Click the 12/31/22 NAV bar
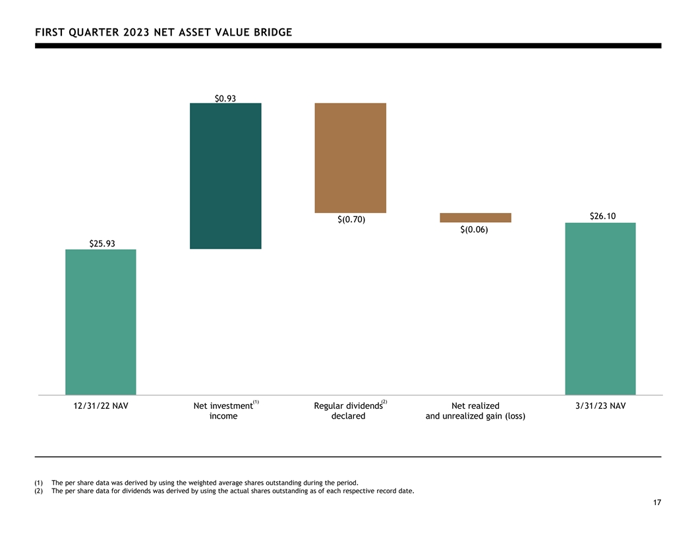101,322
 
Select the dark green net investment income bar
225,176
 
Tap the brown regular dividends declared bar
350,158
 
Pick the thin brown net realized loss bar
475,218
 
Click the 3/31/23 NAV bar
600,309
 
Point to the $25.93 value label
102,244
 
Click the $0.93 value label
225,98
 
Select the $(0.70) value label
351,220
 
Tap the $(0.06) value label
474,229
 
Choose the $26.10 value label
603,216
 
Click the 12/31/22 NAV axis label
101,405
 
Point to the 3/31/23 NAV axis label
600,405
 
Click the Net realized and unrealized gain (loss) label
475,411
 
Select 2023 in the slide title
136,32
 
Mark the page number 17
657,502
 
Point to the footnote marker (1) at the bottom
39,483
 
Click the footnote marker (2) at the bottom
39,491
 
